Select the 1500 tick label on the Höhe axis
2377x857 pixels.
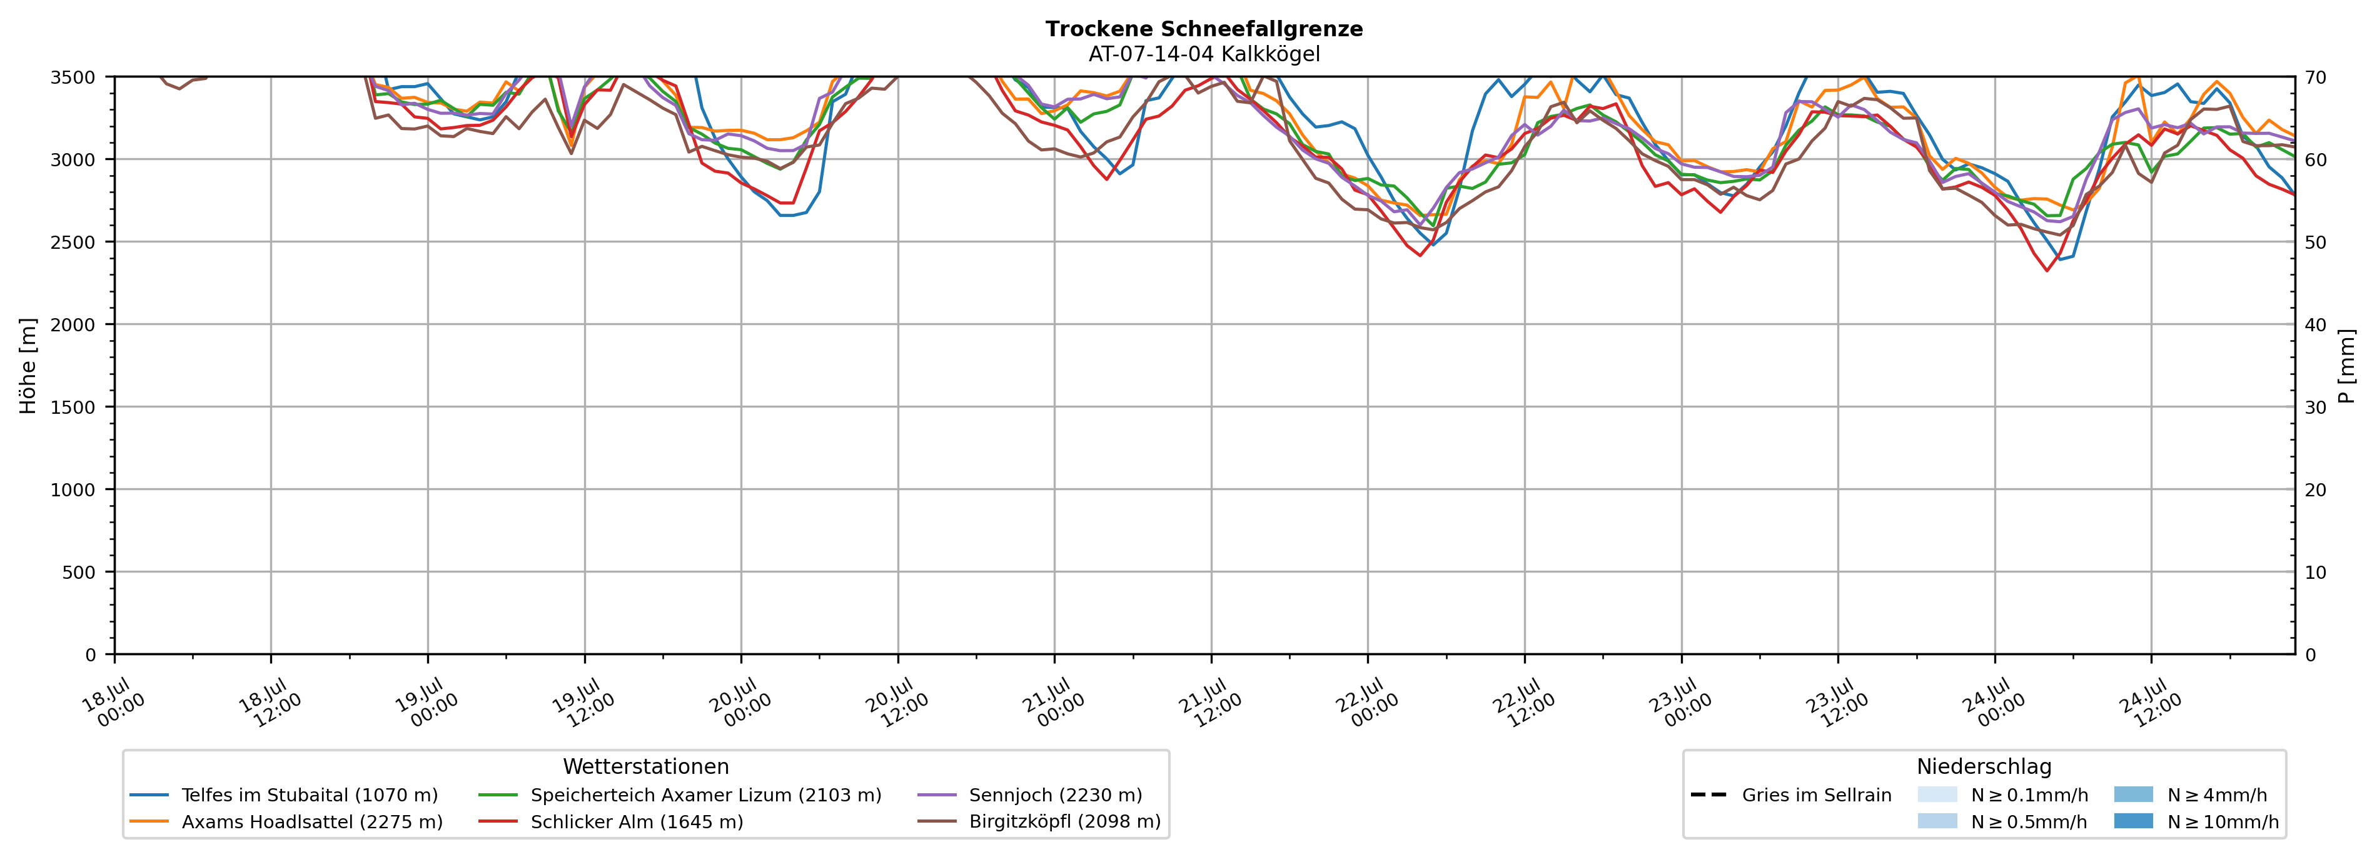73,407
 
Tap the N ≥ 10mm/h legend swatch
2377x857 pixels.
2132,821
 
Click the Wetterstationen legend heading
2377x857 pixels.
646,766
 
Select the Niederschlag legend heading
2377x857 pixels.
1984,766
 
